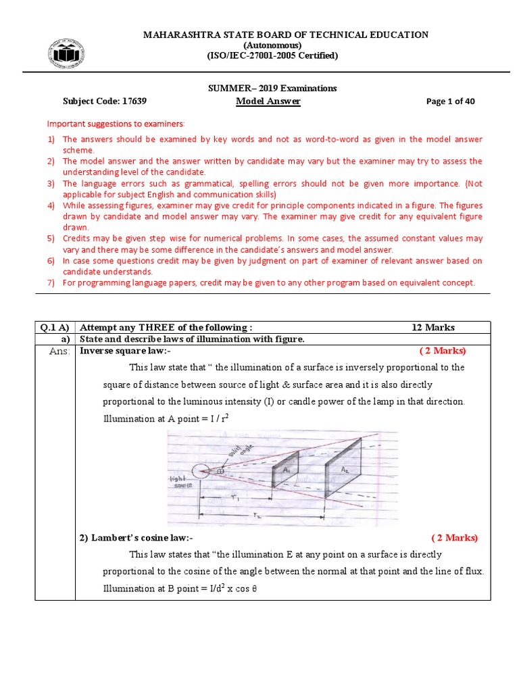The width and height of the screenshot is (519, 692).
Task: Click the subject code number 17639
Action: tap(134, 101)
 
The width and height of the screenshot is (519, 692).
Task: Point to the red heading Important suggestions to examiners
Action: tap(115, 124)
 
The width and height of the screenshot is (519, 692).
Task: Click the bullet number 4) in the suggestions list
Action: tap(51, 205)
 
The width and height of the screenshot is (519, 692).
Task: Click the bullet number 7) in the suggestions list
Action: tap(51, 282)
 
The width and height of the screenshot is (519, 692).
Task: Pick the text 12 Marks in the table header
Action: tap(433, 328)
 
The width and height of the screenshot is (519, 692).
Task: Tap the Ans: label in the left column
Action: tap(59, 351)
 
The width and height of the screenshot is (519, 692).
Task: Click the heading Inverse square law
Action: tap(126, 351)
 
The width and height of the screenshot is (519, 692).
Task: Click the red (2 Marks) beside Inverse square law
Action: tap(442, 351)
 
